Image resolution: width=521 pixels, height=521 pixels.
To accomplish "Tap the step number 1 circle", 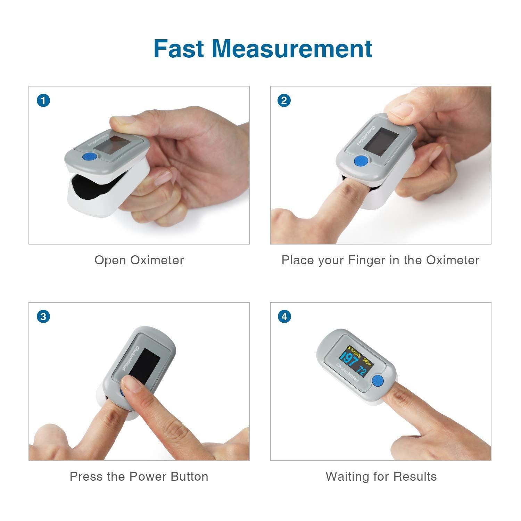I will coord(43,101).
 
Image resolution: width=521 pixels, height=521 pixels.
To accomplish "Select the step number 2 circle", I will coord(284,101).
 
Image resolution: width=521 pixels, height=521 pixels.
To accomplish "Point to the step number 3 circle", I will coord(43,317).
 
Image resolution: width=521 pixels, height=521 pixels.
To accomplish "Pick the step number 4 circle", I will coord(284,317).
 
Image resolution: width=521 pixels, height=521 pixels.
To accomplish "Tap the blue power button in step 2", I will coord(361,162).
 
